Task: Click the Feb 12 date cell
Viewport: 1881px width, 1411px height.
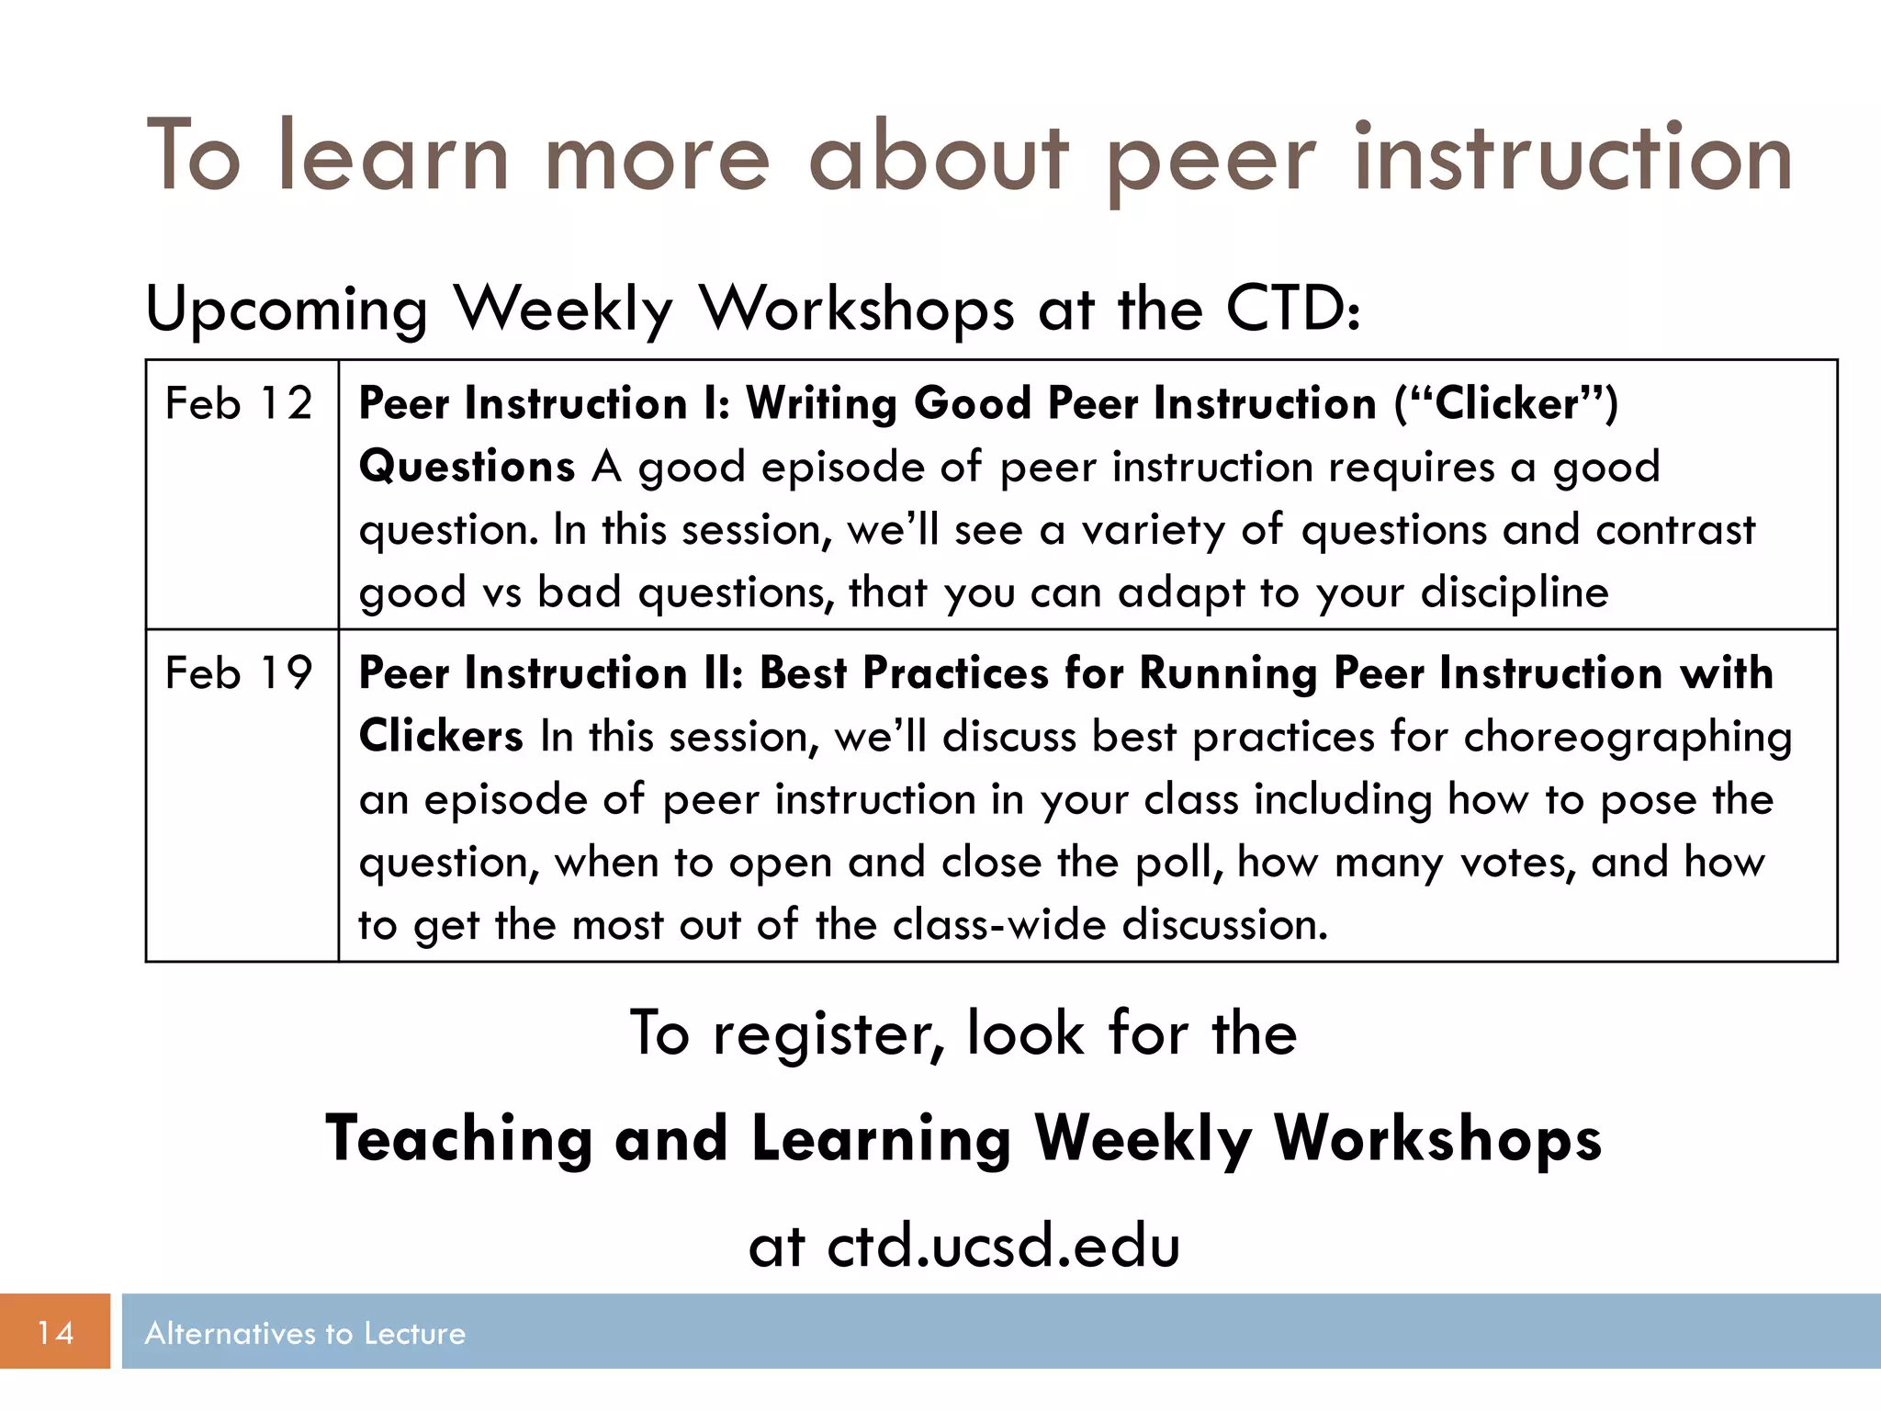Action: click(239, 404)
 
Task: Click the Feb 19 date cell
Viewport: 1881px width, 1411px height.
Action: click(239, 673)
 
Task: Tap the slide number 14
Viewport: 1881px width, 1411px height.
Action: click(55, 1332)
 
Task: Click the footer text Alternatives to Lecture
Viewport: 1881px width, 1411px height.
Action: click(305, 1333)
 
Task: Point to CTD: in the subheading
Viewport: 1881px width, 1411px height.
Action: click(1293, 309)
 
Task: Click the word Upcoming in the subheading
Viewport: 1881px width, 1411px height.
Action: click(287, 310)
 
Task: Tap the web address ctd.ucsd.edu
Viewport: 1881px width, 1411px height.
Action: click(1003, 1247)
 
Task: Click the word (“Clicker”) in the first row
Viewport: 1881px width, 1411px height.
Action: click(1505, 404)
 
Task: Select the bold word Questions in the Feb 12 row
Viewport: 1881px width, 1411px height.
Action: click(467, 467)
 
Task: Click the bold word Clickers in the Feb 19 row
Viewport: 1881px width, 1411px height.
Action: click(441, 737)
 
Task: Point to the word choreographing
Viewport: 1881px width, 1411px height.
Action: click(1627, 738)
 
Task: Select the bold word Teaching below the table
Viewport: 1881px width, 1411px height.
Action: click(458, 1139)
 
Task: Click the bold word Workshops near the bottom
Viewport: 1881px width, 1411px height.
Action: click(1437, 1139)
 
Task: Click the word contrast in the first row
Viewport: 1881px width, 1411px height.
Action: click(1675, 530)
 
